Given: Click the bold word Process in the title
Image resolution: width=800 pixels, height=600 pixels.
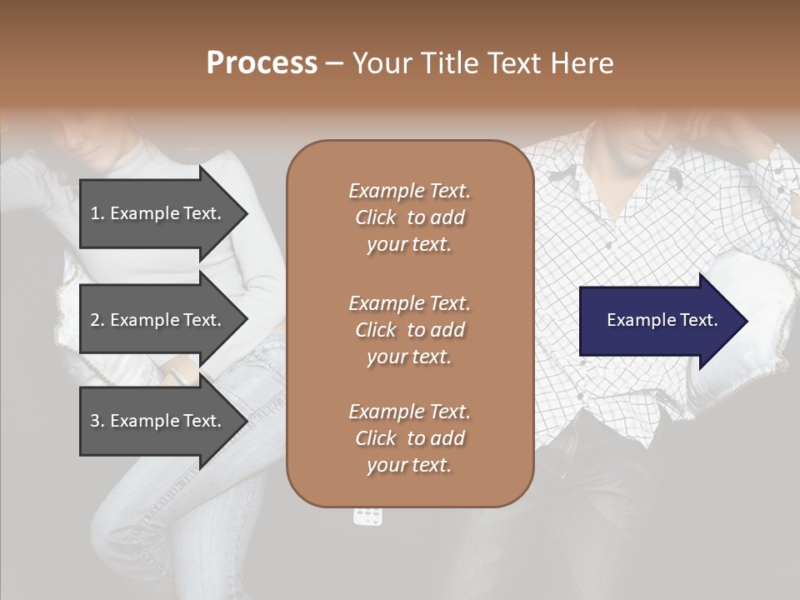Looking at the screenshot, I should click(262, 63).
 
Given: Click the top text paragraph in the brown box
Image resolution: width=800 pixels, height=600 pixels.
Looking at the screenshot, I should click(409, 217).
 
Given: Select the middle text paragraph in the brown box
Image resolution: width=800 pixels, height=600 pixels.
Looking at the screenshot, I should click(409, 329).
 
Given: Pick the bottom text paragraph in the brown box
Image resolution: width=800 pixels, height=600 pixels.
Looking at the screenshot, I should click(409, 438).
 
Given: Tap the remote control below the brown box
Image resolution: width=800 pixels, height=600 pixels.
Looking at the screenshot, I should click(367, 516).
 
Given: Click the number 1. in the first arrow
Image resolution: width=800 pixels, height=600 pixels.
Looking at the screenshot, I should click(97, 213).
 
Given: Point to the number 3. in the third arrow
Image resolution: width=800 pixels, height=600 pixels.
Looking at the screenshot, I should click(97, 421).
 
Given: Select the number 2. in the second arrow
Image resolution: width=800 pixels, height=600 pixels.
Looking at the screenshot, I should click(97, 320).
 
